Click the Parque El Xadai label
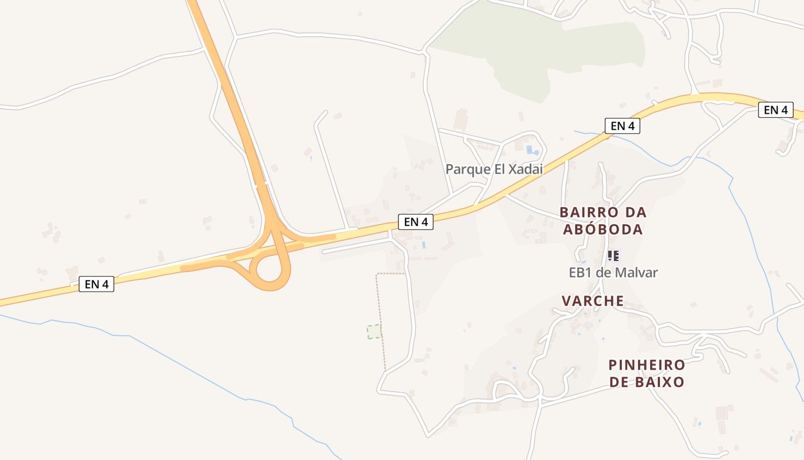494,170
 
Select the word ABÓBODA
602,229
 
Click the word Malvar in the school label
635,273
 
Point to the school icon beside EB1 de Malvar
613,255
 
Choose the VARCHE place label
593,301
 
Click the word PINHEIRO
647,365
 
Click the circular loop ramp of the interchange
269,275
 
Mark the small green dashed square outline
374,331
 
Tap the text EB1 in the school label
580,273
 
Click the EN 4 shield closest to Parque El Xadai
415,222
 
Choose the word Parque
467,170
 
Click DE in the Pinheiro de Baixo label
620,382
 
